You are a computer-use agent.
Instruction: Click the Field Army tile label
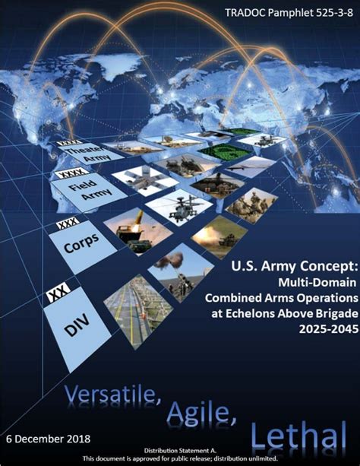pyautogui.click(x=90, y=190)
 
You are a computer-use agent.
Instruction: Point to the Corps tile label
pyautogui.click(x=81, y=243)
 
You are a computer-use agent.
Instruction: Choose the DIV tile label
pyautogui.click(x=77, y=325)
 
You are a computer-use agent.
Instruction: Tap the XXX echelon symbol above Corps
pyautogui.click(x=68, y=223)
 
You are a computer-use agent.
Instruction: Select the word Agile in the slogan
pyautogui.click(x=201, y=412)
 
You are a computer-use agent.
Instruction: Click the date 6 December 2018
pyautogui.click(x=48, y=439)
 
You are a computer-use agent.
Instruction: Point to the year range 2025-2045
pyautogui.click(x=328, y=329)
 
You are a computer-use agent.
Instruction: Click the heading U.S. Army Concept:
pyautogui.click(x=294, y=266)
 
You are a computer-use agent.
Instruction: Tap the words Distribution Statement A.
pyautogui.click(x=180, y=451)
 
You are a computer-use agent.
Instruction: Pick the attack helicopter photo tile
pyautogui.click(x=178, y=207)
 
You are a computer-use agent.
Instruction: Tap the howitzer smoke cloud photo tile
pyautogui.click(x=180, y=272)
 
